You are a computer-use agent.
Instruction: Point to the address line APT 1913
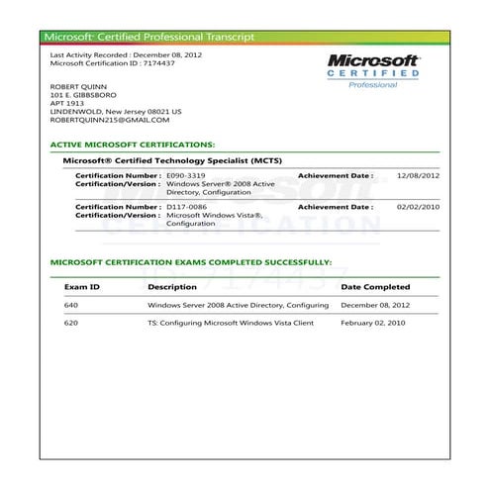pos(66,104)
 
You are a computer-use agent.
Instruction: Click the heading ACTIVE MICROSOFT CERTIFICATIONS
pos(132,145)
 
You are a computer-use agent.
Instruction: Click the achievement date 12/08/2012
pos(417,175)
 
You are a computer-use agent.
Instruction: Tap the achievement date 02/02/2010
pos(417,207)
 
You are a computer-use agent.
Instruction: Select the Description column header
pos(172,287)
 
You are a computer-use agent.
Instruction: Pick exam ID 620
pos(70,323)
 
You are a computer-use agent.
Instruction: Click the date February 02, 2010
pos(373,323)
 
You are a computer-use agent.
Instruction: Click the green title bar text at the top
pos(148,37)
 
